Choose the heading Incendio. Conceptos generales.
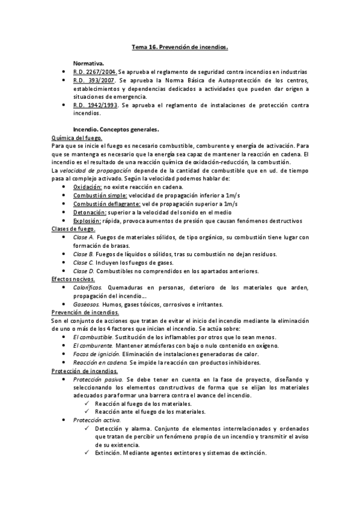click(x=115, y=129)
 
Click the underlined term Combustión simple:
click(x=100, y=195)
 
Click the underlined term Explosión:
click(x=87, y=220)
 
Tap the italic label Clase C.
click(x=83, y=262)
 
